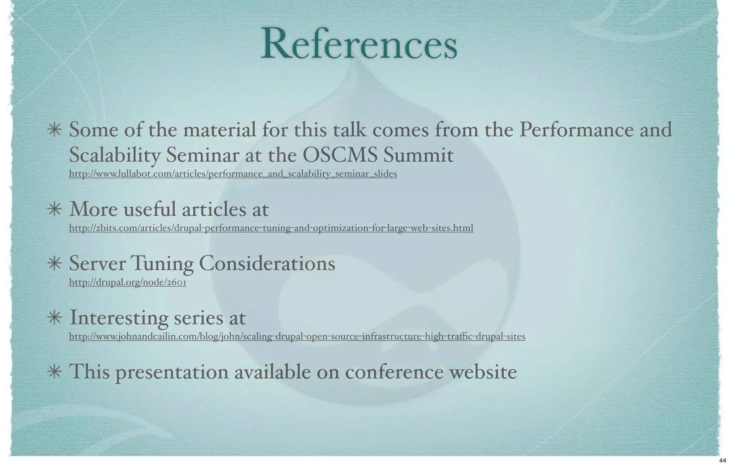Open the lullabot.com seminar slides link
233,174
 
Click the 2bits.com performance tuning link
271,228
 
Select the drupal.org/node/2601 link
128,283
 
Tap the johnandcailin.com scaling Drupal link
297,336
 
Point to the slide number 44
723,461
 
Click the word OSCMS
338,155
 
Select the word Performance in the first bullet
575,130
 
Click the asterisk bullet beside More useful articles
55,209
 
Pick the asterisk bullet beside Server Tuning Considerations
55,264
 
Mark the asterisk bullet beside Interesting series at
55,318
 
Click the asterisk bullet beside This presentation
55,372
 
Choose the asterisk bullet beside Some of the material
55,130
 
